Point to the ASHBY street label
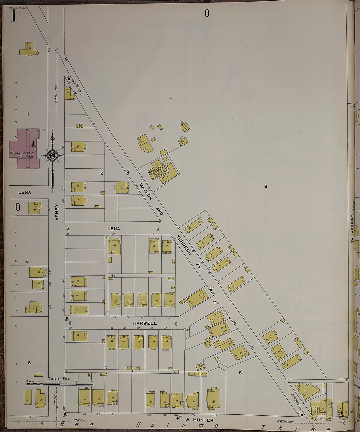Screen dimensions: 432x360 pyautogui.click(x=57, y=212)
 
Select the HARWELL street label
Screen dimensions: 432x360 pyautogui.click(x=145, y=323)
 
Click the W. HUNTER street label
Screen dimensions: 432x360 pyautogui.click(x=199, y=420)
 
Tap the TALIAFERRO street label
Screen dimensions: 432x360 pyautogui.click(x=352, y=228)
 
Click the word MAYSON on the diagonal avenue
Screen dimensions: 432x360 pyautogui.click(x=146, y=191)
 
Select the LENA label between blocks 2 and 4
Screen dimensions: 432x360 pyautogui.click(x=114, y=229)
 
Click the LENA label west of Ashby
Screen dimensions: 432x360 pyautogui.click(x=25, y=192)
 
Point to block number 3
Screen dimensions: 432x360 pyautogui.click(x=266, y=186)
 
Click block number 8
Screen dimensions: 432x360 pyautogui.click(x=240, y=373)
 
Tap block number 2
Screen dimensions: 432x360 pyautogui.click(x=102, y=173)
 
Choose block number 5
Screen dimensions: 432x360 pyautogui.click(x=27, y=261)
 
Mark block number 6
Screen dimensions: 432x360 pyautogui.click(x=29, y=363)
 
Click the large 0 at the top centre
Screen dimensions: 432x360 pyautogui.click(x=207, y=13)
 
